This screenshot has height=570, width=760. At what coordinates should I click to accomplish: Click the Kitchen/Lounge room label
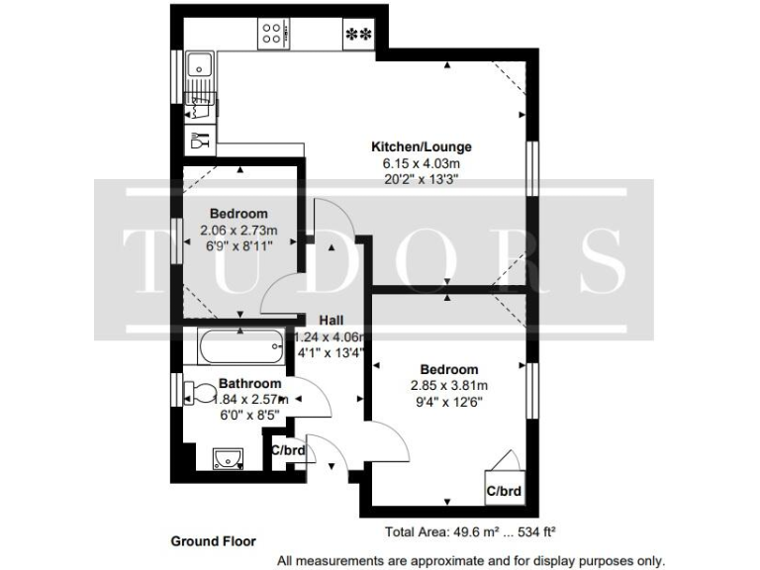point(415,147)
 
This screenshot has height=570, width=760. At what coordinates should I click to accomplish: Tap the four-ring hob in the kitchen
point(271,35)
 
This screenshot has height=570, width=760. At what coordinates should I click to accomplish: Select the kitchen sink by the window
point(201,66)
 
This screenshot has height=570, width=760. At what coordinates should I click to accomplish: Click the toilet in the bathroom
point(202,393)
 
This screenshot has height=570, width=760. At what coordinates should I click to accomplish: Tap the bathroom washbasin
point(229,457)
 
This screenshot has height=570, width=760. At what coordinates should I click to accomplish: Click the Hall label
point(331,320)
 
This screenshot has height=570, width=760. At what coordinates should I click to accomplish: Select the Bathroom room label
point(249,383)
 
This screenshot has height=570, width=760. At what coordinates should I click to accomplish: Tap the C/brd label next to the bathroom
point(288,450)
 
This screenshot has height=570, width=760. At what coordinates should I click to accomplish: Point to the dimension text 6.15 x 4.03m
point(415,163)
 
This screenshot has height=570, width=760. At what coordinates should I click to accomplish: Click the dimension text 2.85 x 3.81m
point(450,386)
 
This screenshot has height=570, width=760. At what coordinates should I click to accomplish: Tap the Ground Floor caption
point(214,541)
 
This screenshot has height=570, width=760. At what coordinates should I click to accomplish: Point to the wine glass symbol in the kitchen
point(201,141)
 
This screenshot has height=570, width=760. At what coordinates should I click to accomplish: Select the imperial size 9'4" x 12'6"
point(450,402)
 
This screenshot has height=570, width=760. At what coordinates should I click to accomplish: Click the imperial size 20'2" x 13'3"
point(415,179)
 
